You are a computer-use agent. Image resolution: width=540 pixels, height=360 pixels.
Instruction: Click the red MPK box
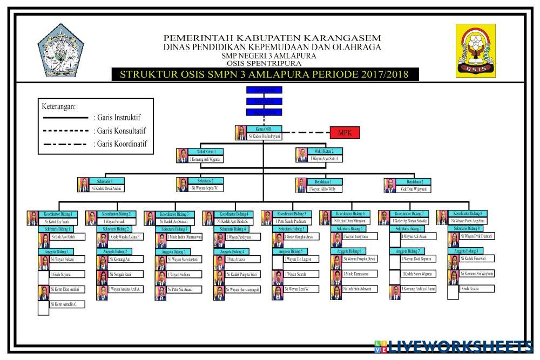coord(345,133)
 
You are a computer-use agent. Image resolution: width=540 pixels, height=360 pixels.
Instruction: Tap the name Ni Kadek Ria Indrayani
coord(264,137)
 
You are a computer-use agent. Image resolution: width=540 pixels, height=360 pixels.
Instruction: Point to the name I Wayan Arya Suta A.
coord(325,159)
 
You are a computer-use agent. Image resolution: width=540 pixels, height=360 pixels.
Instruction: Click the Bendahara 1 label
coord(325,181)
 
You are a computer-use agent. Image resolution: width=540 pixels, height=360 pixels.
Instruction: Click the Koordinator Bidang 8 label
coord(468,214)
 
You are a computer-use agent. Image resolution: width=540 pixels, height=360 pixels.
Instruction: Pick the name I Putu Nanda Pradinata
coord(292,221)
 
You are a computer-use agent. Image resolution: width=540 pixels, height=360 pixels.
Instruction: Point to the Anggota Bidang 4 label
coord(233,252)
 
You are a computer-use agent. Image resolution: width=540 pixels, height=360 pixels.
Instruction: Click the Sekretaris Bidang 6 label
coord(350,229)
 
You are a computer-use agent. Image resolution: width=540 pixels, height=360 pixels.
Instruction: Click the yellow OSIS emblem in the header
coord(476,51)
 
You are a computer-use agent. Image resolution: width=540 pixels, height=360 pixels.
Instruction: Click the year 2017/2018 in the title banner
coord(379,74)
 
